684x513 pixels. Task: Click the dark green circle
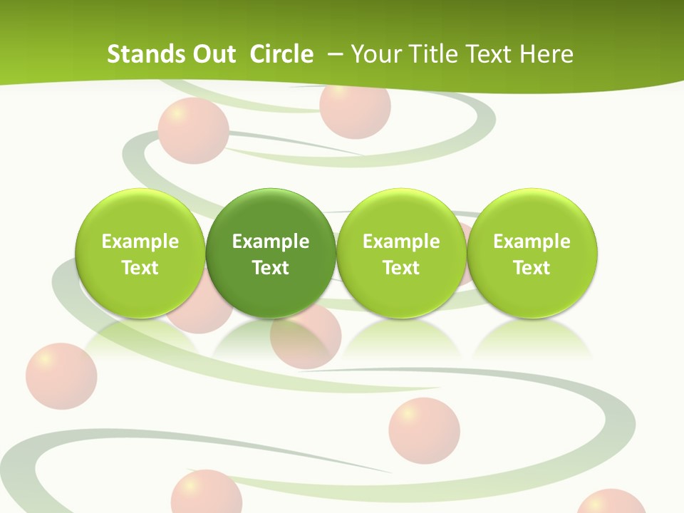(271, 253)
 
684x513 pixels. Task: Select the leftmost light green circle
(140, 253)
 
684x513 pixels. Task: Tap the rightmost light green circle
(532, 253)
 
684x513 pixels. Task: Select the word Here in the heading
(548, 54)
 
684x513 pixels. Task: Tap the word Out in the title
(212, 54)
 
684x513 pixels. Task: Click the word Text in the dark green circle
(271, 268)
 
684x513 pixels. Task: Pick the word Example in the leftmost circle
(140, 242)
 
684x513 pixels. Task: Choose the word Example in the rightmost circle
(532, 242)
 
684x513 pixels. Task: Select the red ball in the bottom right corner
(611, 502)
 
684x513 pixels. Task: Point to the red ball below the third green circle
(424, 431)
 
